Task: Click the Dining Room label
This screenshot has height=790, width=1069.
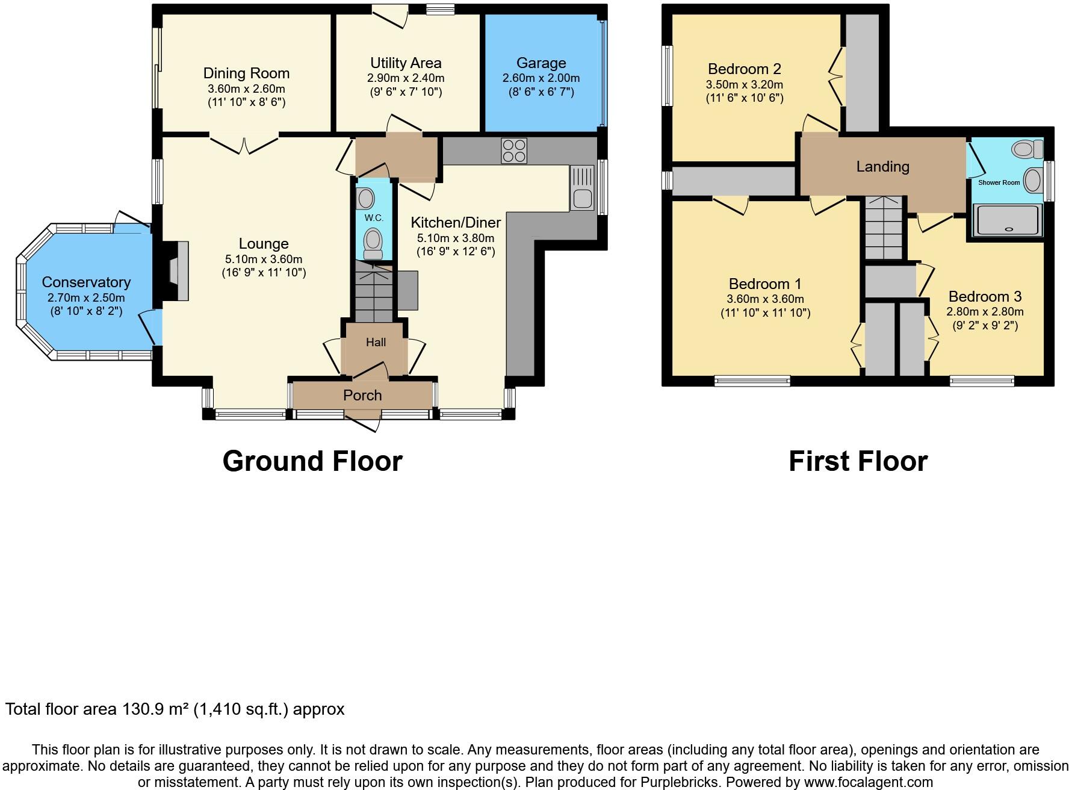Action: point(246,73)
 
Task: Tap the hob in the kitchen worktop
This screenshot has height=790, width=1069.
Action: point(514,151)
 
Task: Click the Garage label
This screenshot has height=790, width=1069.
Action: point(541,63)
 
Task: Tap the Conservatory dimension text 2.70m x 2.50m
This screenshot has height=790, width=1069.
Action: point(86,298)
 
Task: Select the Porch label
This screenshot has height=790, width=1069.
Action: point(362,396)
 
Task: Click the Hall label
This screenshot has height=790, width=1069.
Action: point(376,343)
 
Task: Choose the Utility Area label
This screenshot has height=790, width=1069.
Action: point(406,63)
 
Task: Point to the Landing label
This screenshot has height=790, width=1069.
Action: point(882,167)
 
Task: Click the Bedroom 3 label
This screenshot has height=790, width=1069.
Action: point(985,297)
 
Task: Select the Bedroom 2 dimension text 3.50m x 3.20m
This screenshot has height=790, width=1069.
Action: point(744,85)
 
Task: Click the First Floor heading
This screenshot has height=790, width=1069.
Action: point(858,462)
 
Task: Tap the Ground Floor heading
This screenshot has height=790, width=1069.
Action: point(312,462)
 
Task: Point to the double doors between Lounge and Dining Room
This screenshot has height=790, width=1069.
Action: point(244,145)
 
